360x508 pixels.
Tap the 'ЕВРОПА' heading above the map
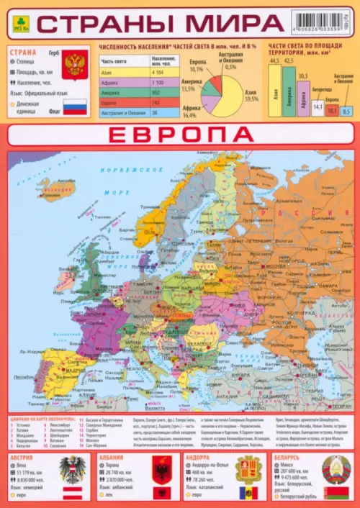180,135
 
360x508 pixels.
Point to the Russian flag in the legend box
74,108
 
